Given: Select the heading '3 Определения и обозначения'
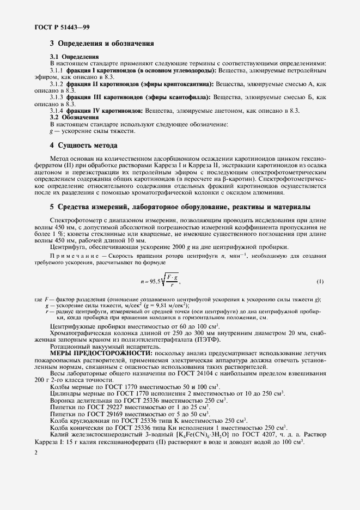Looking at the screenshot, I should pos(102,43).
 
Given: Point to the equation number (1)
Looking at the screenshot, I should pos(320,282).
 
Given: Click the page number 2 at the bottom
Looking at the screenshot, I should pos(35,453).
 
